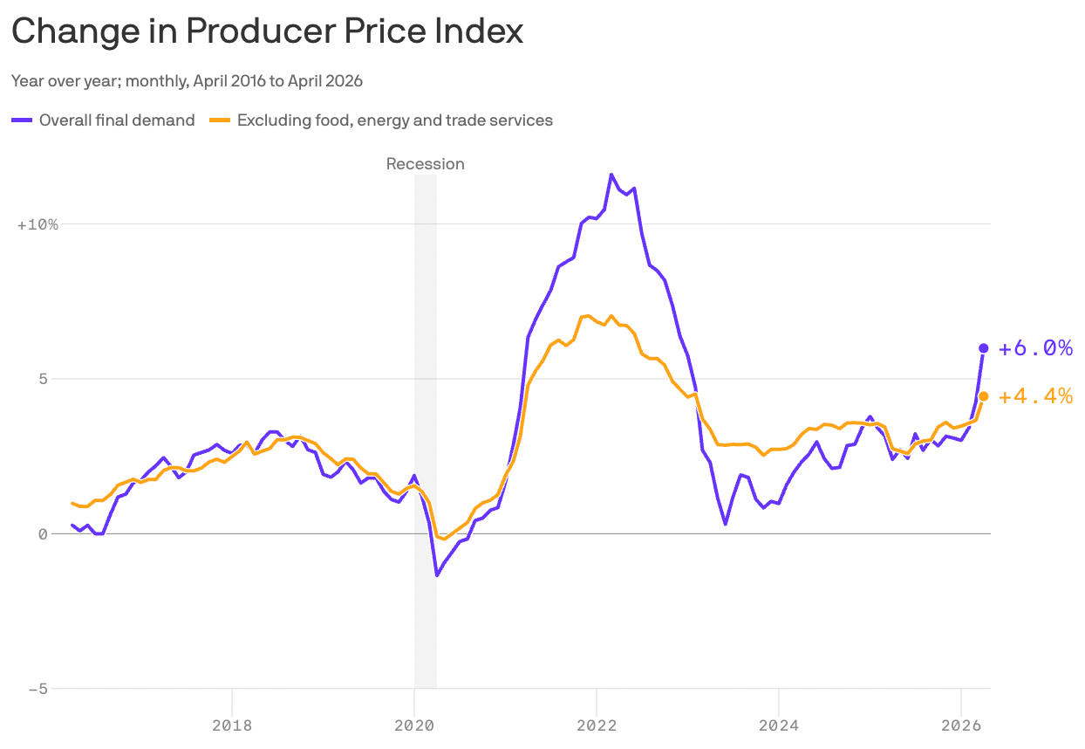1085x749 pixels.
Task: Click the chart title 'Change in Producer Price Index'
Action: point(267,31)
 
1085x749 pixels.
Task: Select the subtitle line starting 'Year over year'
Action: point(187,81)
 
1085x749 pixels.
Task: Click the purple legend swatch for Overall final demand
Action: point(22,120)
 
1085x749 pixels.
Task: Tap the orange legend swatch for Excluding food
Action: point(220,120)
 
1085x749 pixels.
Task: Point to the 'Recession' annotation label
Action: point(426,164)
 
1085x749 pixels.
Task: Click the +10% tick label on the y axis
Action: point(38,224)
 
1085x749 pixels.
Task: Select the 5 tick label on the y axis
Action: point(43,379)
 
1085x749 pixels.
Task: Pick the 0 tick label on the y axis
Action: point(43,533)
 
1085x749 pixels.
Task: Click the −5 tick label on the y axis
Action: point(38,689)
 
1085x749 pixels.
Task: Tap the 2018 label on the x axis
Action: point(232,725)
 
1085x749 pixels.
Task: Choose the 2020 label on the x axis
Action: point(414,725)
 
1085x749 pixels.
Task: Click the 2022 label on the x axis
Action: point(597,725)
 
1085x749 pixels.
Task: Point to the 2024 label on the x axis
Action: point(779,725)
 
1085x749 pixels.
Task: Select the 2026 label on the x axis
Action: point(961,725)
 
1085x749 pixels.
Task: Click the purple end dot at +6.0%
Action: point(983,348)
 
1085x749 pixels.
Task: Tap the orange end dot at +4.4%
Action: point(983,396)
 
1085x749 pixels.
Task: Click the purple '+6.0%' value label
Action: point(1035,348)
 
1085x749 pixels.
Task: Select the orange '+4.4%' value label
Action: point(1035,396)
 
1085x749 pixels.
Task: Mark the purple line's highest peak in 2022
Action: point(611,175)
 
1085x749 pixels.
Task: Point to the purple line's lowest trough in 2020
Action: point(437,575)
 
